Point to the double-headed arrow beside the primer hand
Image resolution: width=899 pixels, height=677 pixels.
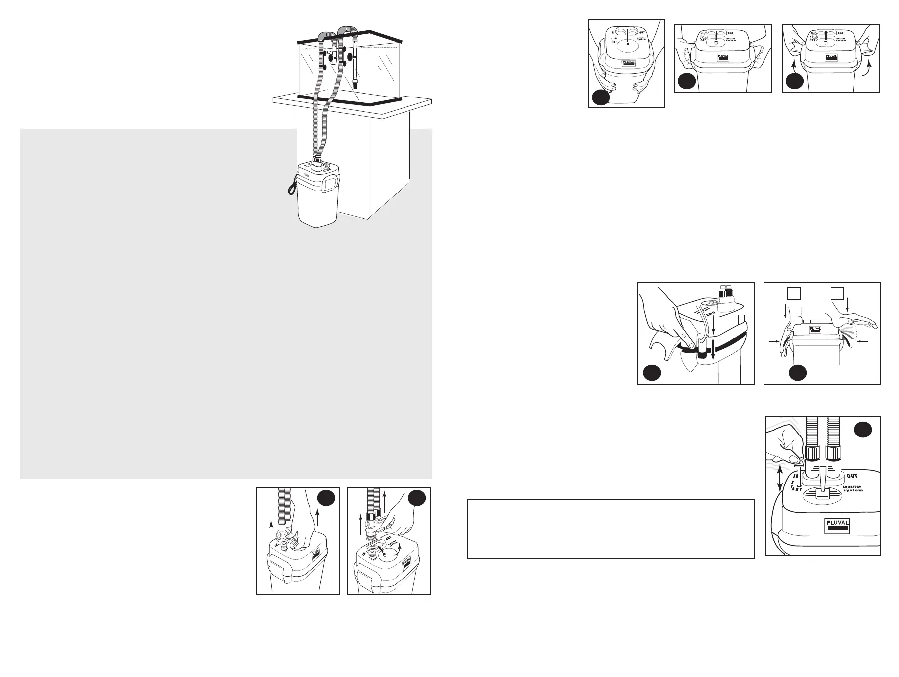pyautogui.click(x=780, y=487)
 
